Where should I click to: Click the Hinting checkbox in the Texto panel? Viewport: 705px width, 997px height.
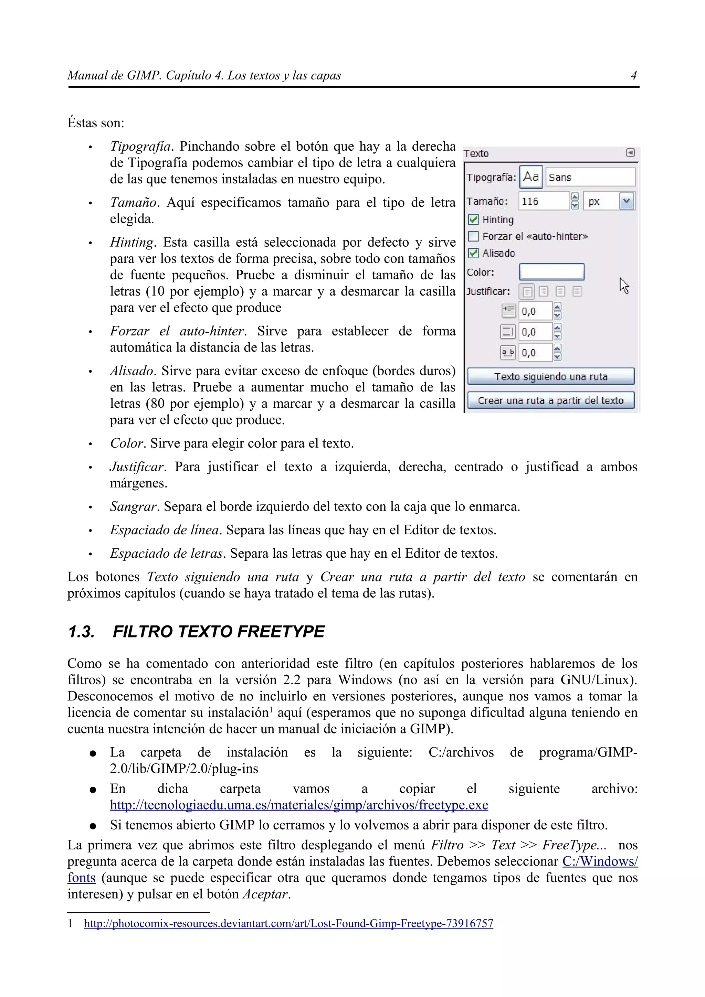coord(473,220)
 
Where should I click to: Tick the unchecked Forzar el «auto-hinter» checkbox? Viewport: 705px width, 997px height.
coord(473,236)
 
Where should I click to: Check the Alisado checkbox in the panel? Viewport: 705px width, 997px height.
coord(473,253)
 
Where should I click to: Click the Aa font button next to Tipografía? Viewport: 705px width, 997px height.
coord(531,177)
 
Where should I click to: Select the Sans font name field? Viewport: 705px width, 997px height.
coord(590,177)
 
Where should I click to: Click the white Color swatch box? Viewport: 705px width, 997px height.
coord(552,272)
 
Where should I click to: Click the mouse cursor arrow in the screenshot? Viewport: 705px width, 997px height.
coord(624,286)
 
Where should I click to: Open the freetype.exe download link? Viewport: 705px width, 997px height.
coord(299,805)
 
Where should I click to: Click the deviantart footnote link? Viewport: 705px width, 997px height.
coord(288,924)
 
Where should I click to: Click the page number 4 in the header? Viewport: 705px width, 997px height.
coord(633,76)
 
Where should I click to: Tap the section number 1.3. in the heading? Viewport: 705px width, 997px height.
coord(81,632)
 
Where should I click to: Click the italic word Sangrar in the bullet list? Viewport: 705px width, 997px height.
coord(134,507)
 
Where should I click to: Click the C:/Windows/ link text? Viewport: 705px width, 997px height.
coord(600,861)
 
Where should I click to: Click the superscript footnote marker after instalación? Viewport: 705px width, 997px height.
coord(271,709)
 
